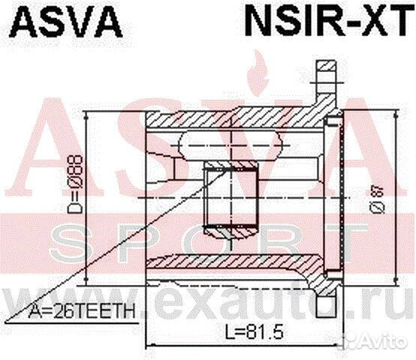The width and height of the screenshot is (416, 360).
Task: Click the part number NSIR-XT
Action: (327, 22)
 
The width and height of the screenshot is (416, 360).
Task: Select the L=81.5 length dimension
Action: (247, 329)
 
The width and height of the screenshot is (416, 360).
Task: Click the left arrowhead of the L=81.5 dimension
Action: (148, 346)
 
